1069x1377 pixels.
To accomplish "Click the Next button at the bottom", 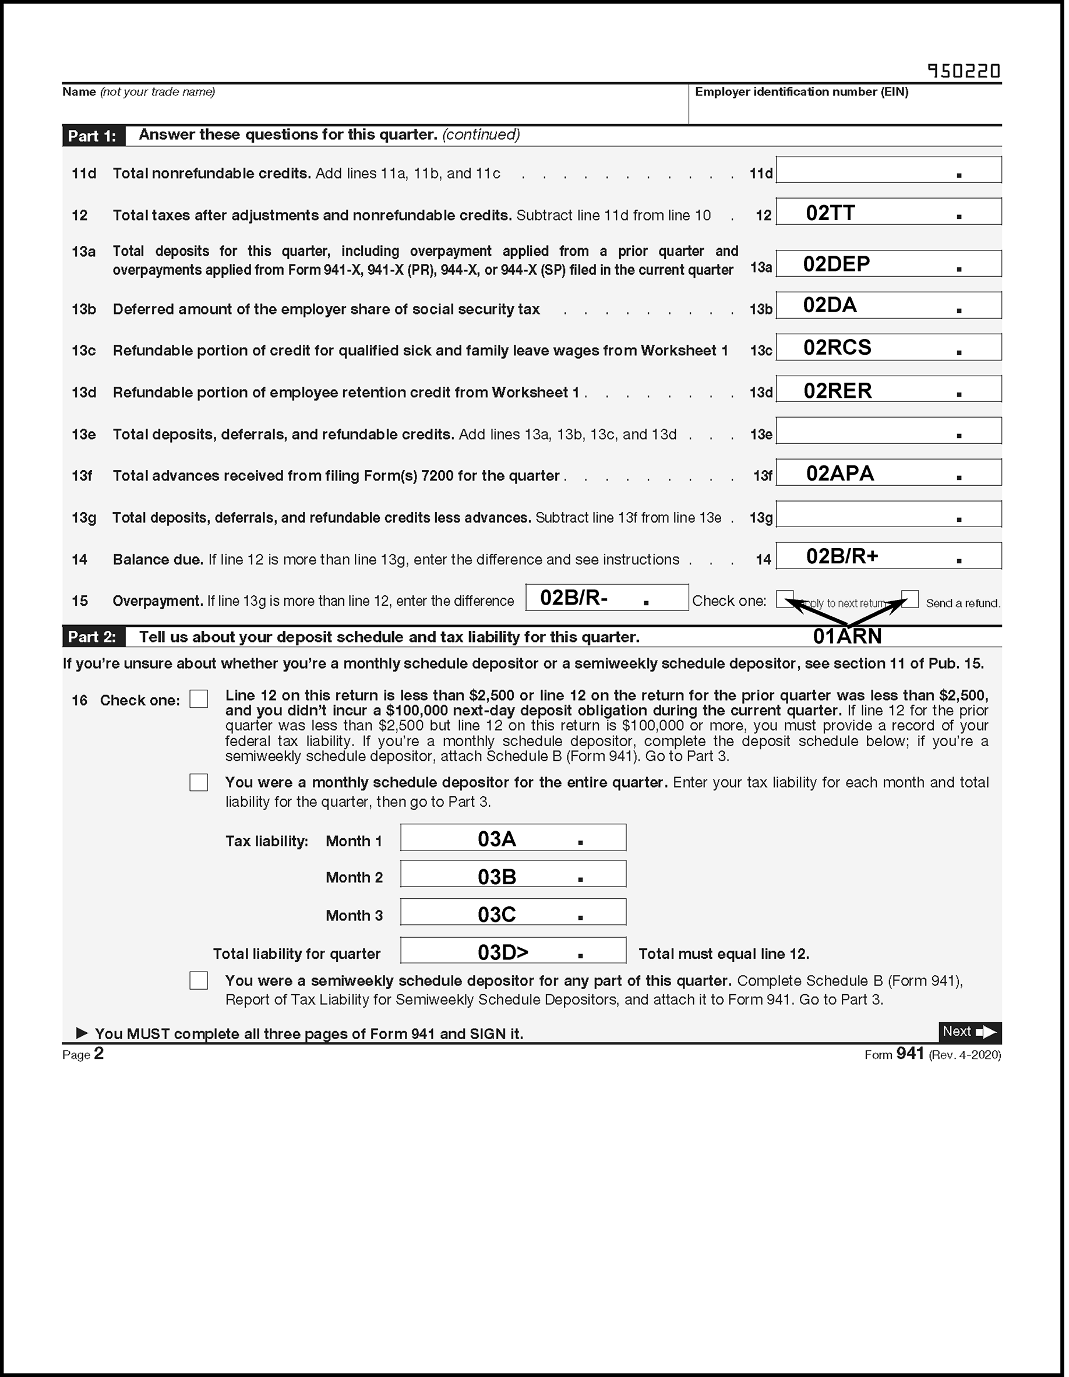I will pyautogui.click(x=969, y=1032).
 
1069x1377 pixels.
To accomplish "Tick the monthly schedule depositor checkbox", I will pyautogui.click(x=199, y=782).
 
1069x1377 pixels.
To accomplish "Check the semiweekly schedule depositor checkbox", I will pyautogui.click(x=199, y=980).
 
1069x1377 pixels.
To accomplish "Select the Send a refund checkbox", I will pyautogui.click(x=911, y=599).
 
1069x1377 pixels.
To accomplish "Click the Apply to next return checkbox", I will pyautogui.click(x=784, y=599).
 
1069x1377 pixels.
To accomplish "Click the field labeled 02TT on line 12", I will pyautogui.click(x=888, y=212).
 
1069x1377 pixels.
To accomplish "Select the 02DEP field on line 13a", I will pyautogui.click(x=888, y=263).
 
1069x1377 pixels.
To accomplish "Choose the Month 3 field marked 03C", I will pyautogui.click(x=513, y=912).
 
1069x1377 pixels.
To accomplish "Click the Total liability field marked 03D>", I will pyautogui.click(x=513, y=951).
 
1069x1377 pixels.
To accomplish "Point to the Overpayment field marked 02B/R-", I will pyautogui.click(x=606, y=598).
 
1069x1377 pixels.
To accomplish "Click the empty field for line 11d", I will pyautogui.click(x=888, y=170).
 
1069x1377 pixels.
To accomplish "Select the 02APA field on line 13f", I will pyautogui.click(x=888, y=473).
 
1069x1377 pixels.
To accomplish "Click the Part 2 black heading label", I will pyautogui.click(x=93, y=637).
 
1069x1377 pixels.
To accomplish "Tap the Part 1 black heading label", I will pyautogui.click(x=93, y=136).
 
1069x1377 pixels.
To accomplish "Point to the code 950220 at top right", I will pyautogui.click(x=964, y=71).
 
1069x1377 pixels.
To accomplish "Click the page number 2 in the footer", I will pyautogui.click(x=98, y=1054).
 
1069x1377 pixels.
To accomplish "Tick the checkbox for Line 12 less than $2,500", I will pyautogui.click(x=199, y=698).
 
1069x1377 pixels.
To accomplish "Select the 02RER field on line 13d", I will pyautogui.click(x=888, y=390).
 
